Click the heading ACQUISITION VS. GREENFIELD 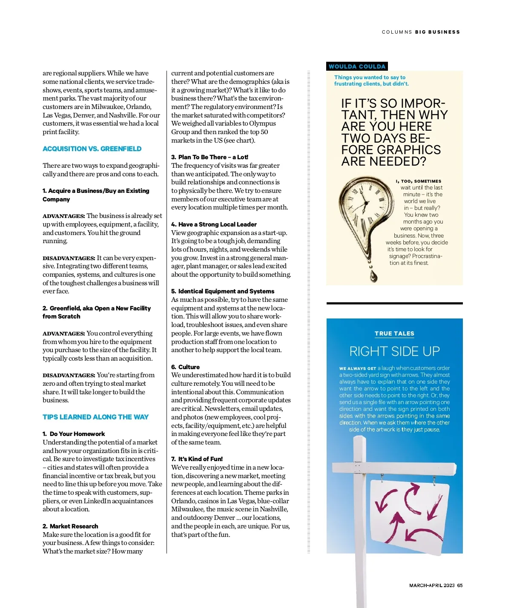pos(92,149)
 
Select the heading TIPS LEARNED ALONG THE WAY pos(95,417)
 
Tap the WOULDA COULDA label pos(357,66)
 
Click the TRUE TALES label pos(394,333)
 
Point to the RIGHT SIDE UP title pos(394,351)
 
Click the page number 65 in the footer pos(460,585)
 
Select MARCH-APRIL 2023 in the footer pos(432,585)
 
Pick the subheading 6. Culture pos(186,367)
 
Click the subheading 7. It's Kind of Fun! pos(197,459)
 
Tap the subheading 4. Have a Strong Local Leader pos(214,224)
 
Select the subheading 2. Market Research pos(70,526)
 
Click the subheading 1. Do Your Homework pos(74,434)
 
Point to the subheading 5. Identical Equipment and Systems pos(223,291)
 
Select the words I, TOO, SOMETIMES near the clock pos(419,181)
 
